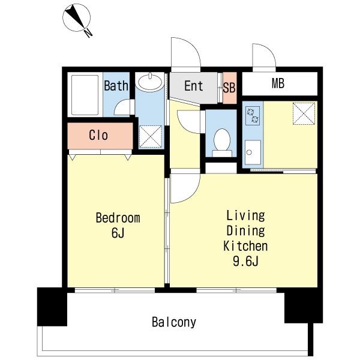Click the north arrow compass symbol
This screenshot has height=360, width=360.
tap(76, 18)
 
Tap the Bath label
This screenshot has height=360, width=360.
tap(116, 86)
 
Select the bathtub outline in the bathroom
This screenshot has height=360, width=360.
tap(85, 95)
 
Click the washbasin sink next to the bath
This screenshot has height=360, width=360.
tap(149, 82)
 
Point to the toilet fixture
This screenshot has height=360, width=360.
tap(222, 143)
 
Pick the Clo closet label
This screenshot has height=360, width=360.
tap(98, 135)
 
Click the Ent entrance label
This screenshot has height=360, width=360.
tap(194, 86)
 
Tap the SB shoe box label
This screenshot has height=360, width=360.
tap(229, 88)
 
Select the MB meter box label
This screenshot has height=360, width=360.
tap(278, 83)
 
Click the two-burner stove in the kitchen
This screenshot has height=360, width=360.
tap(253, 115)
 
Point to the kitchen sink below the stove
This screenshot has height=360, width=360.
tap(253, 152)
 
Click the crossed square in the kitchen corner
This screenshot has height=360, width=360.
tap(304, 113)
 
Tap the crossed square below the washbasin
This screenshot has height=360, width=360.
tap(151, 137)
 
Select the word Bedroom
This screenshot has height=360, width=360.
tap(118, 218)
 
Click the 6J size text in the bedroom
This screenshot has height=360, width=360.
tap(118, 233)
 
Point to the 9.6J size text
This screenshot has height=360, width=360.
tap(245, 261)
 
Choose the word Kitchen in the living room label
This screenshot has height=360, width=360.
tap(245, 246)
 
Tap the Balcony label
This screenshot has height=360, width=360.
tap(174, 322)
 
